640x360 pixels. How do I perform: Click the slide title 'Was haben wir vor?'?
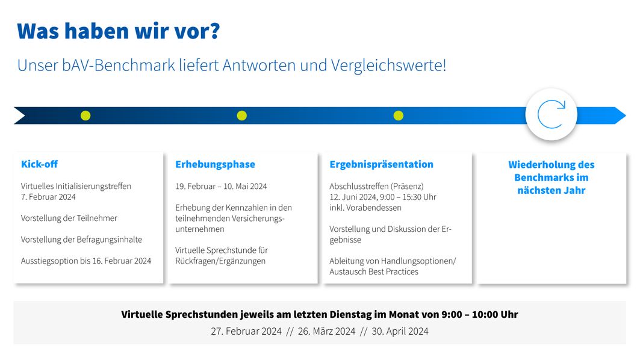[x=119, y=31]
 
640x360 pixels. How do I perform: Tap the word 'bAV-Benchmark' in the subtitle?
[x=119, y=65]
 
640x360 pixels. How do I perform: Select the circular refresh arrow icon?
[x=551, y=114]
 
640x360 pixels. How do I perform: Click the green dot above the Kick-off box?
[x=85, y=116]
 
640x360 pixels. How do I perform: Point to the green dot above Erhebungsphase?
[x=241, y=116]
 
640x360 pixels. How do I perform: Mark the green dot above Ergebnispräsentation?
[x=399, y=116]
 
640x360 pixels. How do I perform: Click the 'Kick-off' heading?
[x=39, y=164]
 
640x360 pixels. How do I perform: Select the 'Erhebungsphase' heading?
[x=215, y=164]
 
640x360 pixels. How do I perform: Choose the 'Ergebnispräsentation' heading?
[x=381, y=164]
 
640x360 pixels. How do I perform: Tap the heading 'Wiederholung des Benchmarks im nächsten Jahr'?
[x=551, y=178]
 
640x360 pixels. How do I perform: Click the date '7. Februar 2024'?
[x=48, y=197]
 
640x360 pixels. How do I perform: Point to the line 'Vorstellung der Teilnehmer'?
[x=69, y=218]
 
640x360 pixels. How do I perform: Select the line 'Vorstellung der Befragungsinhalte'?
[x=82, y=240]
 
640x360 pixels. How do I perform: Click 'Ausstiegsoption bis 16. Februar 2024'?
[x=86, y=261]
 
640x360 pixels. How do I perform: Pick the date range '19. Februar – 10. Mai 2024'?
[x=221, y=186]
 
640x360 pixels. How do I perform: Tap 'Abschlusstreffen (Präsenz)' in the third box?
[x=376, y=186]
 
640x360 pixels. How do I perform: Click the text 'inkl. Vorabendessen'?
[x=365, y=207]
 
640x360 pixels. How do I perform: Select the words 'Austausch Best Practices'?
[x=374, y=272]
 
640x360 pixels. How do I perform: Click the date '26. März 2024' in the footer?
[x=326, y=331]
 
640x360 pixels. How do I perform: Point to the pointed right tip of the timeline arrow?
[x=626, y=116]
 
